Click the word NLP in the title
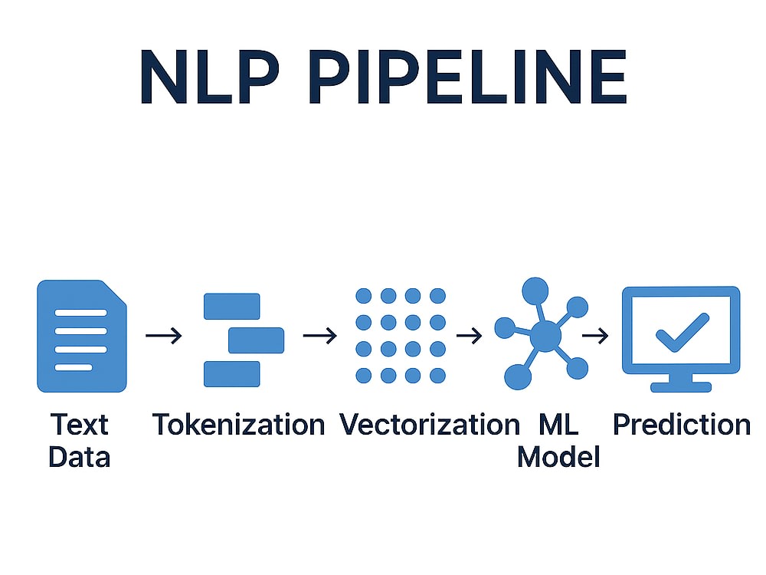[210, 76]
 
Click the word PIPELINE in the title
[468, 76]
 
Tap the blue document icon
[82, 336]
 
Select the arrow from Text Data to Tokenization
[164, 336]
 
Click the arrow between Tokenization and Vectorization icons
[320, 336]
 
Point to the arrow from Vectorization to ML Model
[470, 336]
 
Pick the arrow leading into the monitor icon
[595, 336]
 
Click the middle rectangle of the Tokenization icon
[257, 340]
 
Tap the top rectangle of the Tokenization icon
[231, 306]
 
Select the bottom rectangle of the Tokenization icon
[231, 374]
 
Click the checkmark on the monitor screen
[682, 333]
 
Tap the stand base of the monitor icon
[681, 387]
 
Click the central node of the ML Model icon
[545, 336]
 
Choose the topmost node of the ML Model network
[535, 291]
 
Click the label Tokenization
[238, 425]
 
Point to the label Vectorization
[430, 425]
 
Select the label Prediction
[682, 425]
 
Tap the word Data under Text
[80, 457]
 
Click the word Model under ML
[558, 457]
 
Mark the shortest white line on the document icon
[74, 367]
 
